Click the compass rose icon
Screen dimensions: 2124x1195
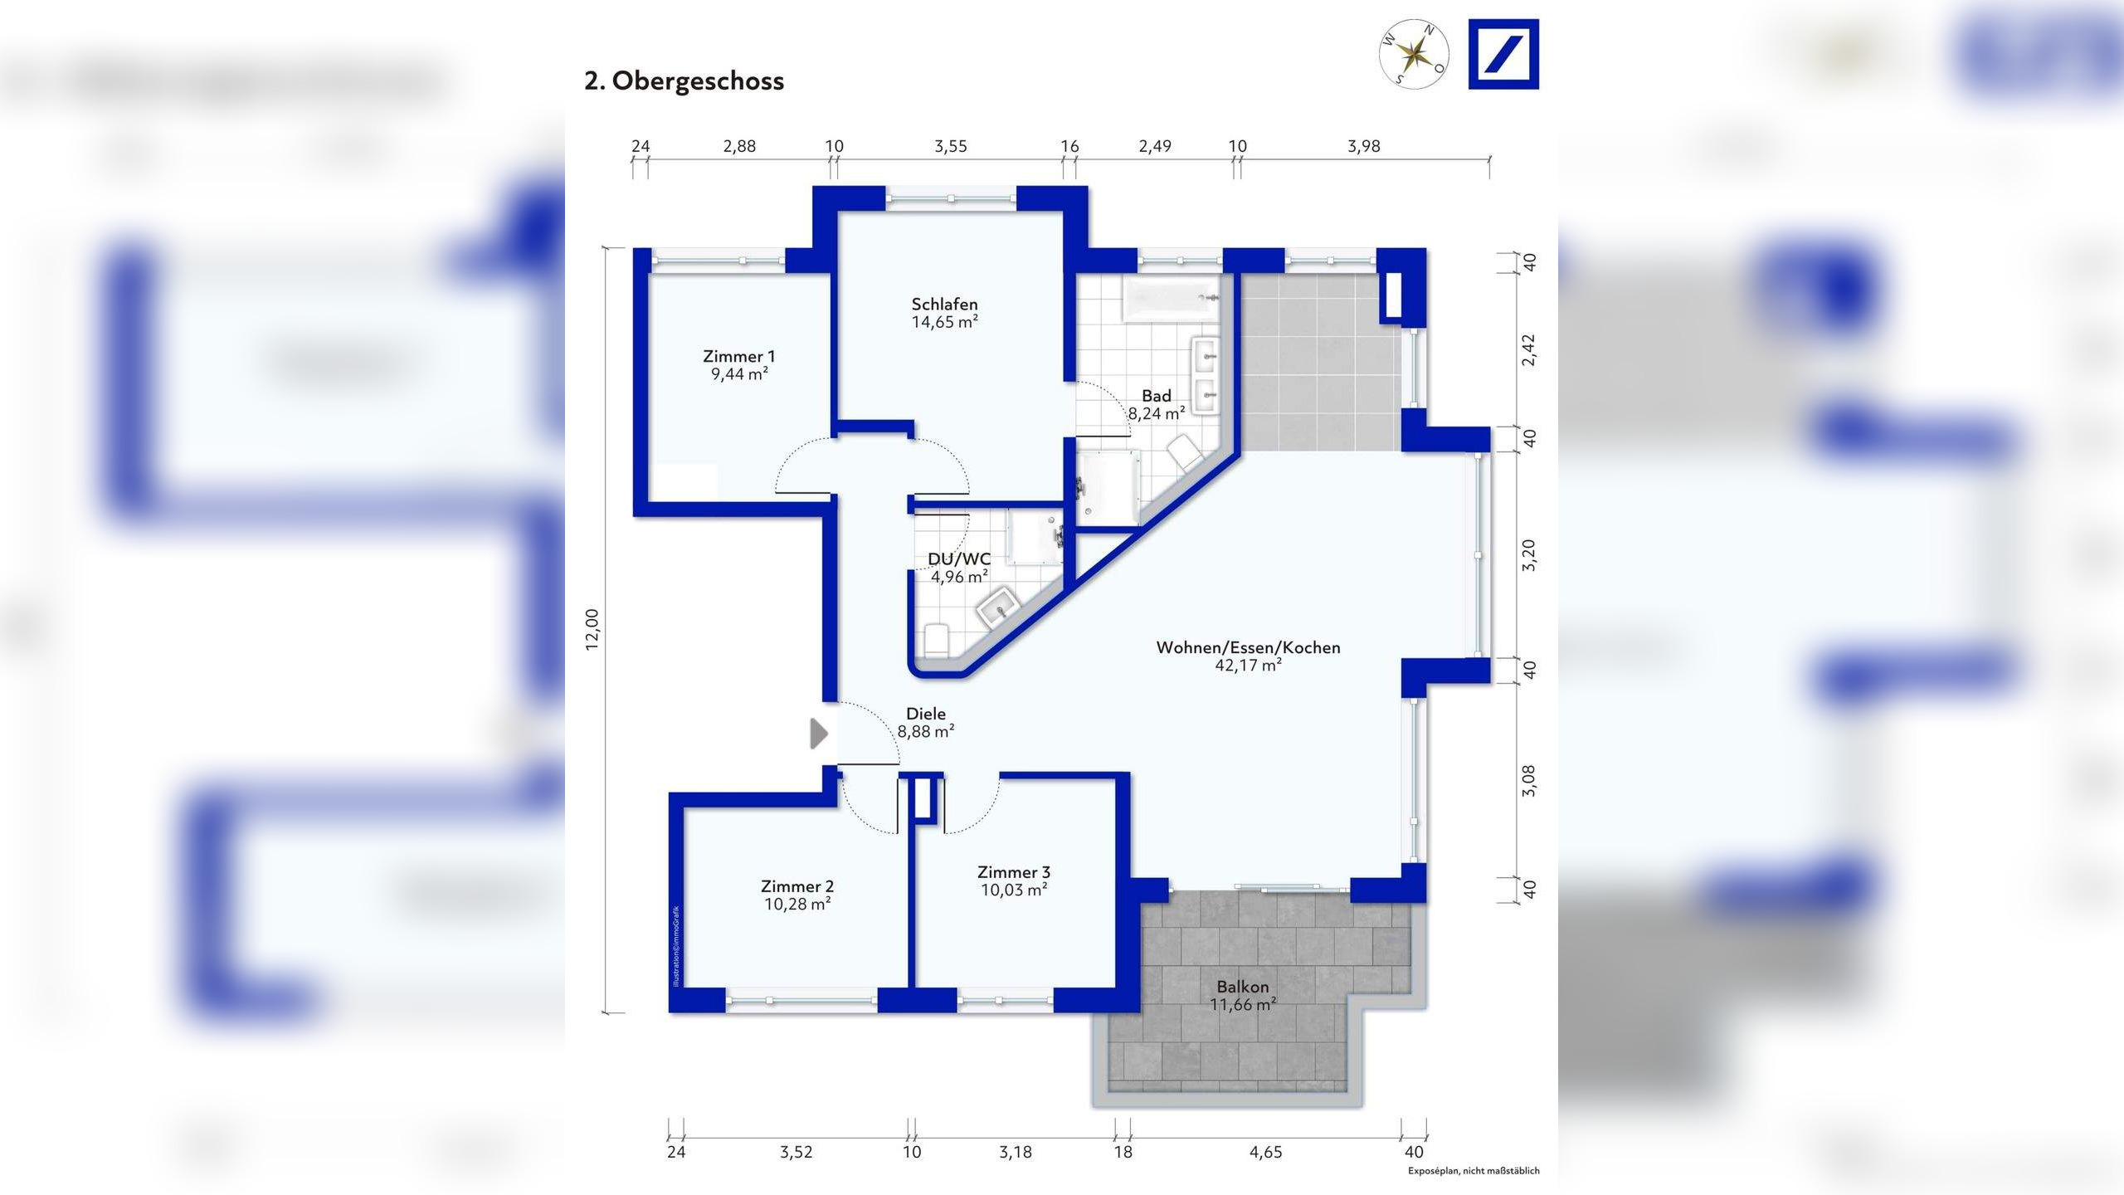pos(1414,54)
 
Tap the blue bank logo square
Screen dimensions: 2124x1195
pos(1503,54)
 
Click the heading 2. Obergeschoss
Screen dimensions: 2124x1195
pos(684,81)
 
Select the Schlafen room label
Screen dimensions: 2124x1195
pos(944,304)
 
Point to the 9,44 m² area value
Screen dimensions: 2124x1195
pos(739,374)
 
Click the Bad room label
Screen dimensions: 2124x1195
pos(1157,396)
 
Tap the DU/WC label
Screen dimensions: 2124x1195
pos(959,558)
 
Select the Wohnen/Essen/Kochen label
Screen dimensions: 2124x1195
pos(1248,647)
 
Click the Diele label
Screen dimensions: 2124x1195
pos(926,714)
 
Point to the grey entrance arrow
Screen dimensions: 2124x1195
pos(819,734)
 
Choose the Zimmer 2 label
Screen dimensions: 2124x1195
pos(797,886)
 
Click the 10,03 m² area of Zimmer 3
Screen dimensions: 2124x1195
pos(1014,890)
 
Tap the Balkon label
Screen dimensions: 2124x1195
pos(1243,987)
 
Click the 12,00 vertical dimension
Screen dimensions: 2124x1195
pos(592,629)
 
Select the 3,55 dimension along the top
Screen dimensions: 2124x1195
pos(951,146)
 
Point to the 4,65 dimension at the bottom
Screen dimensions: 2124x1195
pos(1266,1152)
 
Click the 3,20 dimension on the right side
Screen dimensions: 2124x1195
pos(1529,555)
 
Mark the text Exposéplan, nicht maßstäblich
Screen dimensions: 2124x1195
pos(1474,1171)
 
